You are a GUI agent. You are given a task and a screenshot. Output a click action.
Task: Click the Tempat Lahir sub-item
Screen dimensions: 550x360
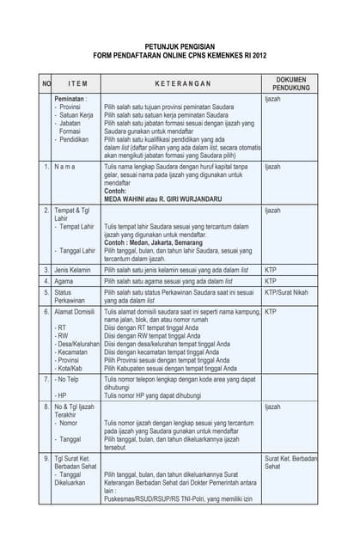pyautogui.click(x=77, y=227)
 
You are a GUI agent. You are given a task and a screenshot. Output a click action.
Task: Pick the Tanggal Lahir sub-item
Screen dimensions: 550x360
pyautogui.click(x=78, y=251)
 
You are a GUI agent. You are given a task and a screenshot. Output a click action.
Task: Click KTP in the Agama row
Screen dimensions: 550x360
pyautogui.click(x=271, y=281)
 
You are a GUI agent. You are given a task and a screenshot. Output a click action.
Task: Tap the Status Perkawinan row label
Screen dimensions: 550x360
pyautogui.click(x=71, y=296)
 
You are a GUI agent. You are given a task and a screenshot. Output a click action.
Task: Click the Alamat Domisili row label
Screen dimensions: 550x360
pyautogui.click(x=76, y=312)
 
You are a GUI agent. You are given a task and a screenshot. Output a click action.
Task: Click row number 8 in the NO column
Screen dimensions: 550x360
pyautogui.click(x=46, y=406)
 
